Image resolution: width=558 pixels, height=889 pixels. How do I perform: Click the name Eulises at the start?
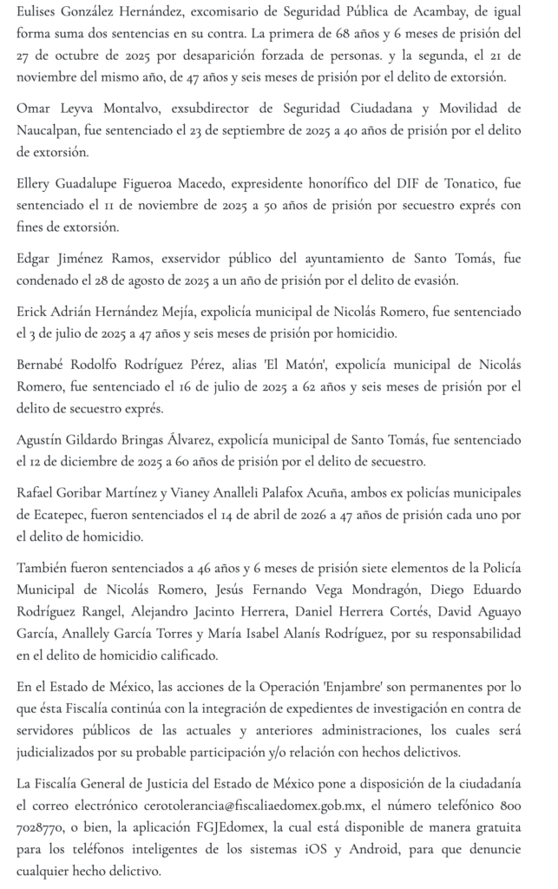pyautogui.click(x=39, y=16)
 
